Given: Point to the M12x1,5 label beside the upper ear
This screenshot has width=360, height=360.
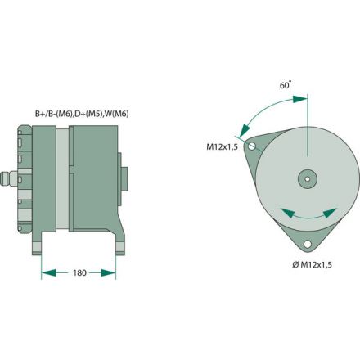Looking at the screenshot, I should coord(221,148).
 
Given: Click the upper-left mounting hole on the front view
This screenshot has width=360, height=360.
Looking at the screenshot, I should coord(253,146).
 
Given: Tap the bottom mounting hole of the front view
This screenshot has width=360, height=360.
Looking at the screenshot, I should coord(307,244).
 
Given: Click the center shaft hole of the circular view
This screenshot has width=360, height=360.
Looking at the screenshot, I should coord(307,179).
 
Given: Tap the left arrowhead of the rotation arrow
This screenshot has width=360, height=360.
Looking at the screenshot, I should coord(281,212).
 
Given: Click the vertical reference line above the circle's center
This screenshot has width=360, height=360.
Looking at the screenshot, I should coord(307,131).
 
